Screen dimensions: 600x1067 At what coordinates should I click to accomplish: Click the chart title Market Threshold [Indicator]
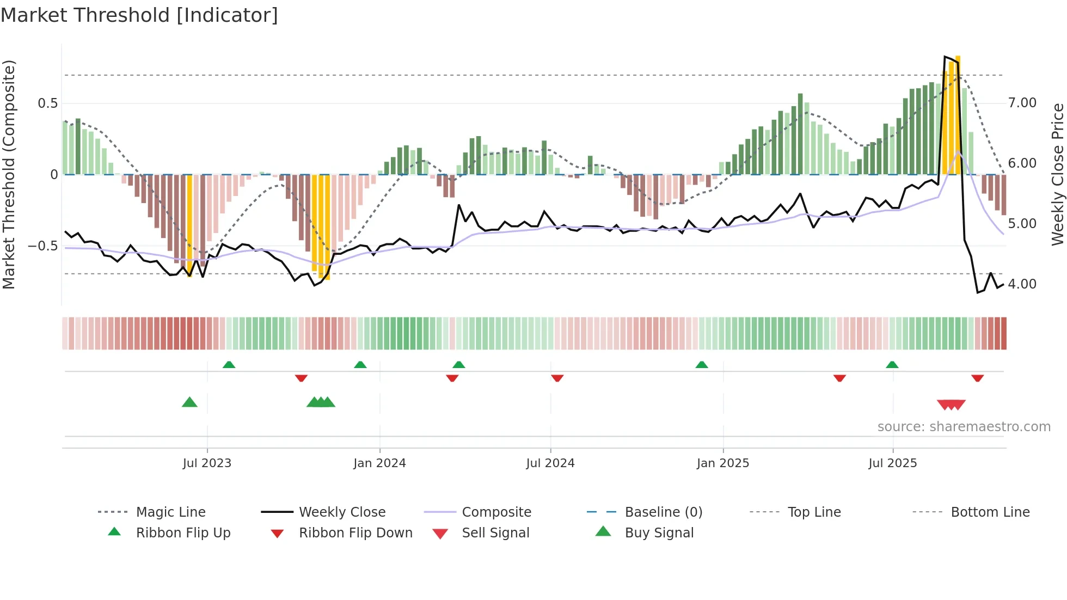point(139,15)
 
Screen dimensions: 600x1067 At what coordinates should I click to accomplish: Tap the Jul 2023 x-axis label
point(207,463)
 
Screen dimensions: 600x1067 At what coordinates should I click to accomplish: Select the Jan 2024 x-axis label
point(379,463)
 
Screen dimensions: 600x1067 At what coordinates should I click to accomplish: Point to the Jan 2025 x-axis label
point(723,463)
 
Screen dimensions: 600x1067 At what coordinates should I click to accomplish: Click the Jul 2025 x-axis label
point(893,463)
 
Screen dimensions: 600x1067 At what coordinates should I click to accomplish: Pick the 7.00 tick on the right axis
point(1022,103)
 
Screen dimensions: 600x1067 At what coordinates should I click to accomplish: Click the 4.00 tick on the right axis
point(1022,284)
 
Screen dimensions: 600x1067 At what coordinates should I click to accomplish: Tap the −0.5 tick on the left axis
point(43,246)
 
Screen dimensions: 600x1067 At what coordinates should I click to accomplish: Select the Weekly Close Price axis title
point(1057,174)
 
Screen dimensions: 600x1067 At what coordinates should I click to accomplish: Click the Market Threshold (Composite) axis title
point(9,174)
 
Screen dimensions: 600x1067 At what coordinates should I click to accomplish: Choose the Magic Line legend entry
point(170,512)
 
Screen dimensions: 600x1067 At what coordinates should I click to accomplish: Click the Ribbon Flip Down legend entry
point(355,533)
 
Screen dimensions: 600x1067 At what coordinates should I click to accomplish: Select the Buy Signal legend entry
point(659,533)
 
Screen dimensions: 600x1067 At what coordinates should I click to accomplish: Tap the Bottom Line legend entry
point(990,512)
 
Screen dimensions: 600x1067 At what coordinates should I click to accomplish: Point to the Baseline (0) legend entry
point(663,512)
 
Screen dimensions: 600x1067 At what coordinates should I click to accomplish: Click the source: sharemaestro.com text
point(964,427)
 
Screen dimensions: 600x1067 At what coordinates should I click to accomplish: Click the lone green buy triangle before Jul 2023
point(189,402)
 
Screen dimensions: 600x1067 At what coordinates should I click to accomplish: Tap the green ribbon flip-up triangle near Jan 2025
point(702,365)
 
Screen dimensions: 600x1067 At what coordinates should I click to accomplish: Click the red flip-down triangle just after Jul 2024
point(557,378)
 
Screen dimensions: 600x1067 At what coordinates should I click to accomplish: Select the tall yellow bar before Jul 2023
point(189,226)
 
